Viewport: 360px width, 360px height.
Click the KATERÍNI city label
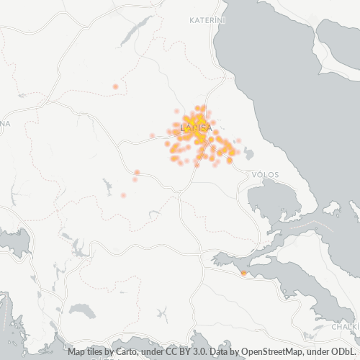(x=207, y=20)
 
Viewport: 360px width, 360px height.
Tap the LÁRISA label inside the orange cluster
(x=195, y=127)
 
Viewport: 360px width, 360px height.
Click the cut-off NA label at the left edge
(x=5, y=124)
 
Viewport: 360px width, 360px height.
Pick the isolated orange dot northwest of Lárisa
(x=115, y=86)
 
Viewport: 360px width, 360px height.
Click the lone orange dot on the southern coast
(x=243, y=273)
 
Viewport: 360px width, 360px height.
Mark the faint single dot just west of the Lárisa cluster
(x=152, y=135)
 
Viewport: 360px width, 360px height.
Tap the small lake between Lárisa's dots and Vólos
(x=249, y=153)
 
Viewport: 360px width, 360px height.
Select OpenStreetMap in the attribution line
(x=269, y=352)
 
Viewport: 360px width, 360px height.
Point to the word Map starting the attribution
(x=78, y=352)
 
